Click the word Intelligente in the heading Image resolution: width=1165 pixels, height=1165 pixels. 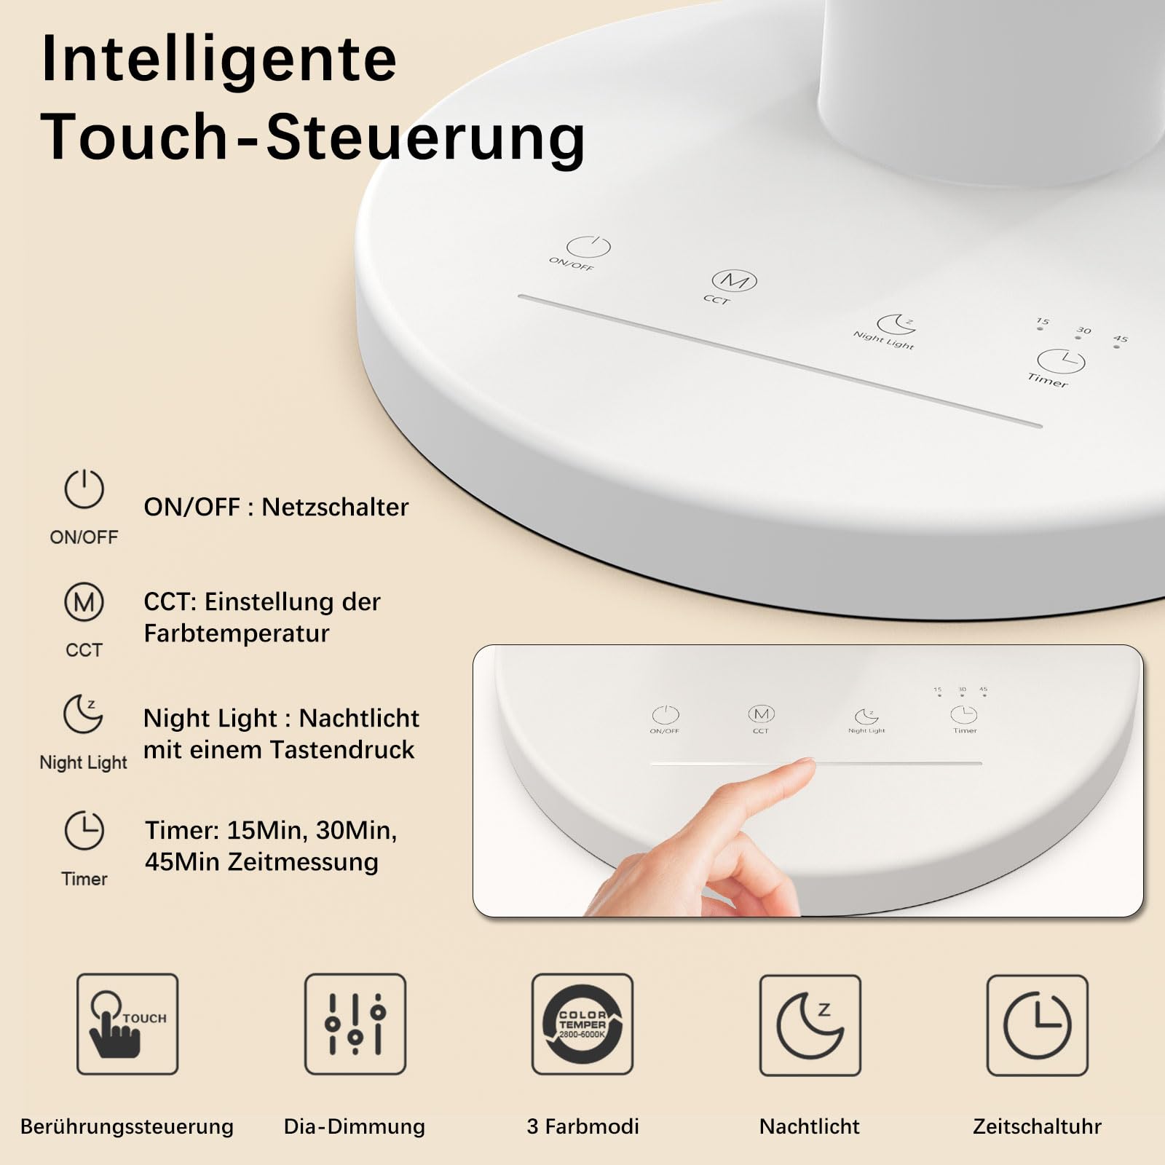click(219, 60)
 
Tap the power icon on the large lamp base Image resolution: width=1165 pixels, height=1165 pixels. click(588, 247)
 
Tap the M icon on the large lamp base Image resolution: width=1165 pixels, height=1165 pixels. click(734, 280)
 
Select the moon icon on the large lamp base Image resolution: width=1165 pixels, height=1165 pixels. click(896, 324)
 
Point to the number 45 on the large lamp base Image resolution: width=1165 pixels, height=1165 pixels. click(1121, 339)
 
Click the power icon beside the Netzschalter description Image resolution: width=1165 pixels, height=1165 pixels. click(84, 489)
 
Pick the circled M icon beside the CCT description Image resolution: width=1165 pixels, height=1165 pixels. click(84, 601)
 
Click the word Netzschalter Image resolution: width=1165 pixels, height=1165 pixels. click(335, 507)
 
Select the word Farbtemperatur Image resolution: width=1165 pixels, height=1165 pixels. click(237, 633)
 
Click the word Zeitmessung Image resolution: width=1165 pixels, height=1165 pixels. click(303, 862)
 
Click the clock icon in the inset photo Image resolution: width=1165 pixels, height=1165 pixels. click(964, 714)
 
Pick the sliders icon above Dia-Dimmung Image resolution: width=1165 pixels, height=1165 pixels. click(355, 1024)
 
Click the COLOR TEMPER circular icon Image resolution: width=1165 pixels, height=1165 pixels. click(582, 1024)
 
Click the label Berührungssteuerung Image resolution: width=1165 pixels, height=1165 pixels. click(127, 1126)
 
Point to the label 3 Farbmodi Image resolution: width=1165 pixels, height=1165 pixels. click(583, 1126)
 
